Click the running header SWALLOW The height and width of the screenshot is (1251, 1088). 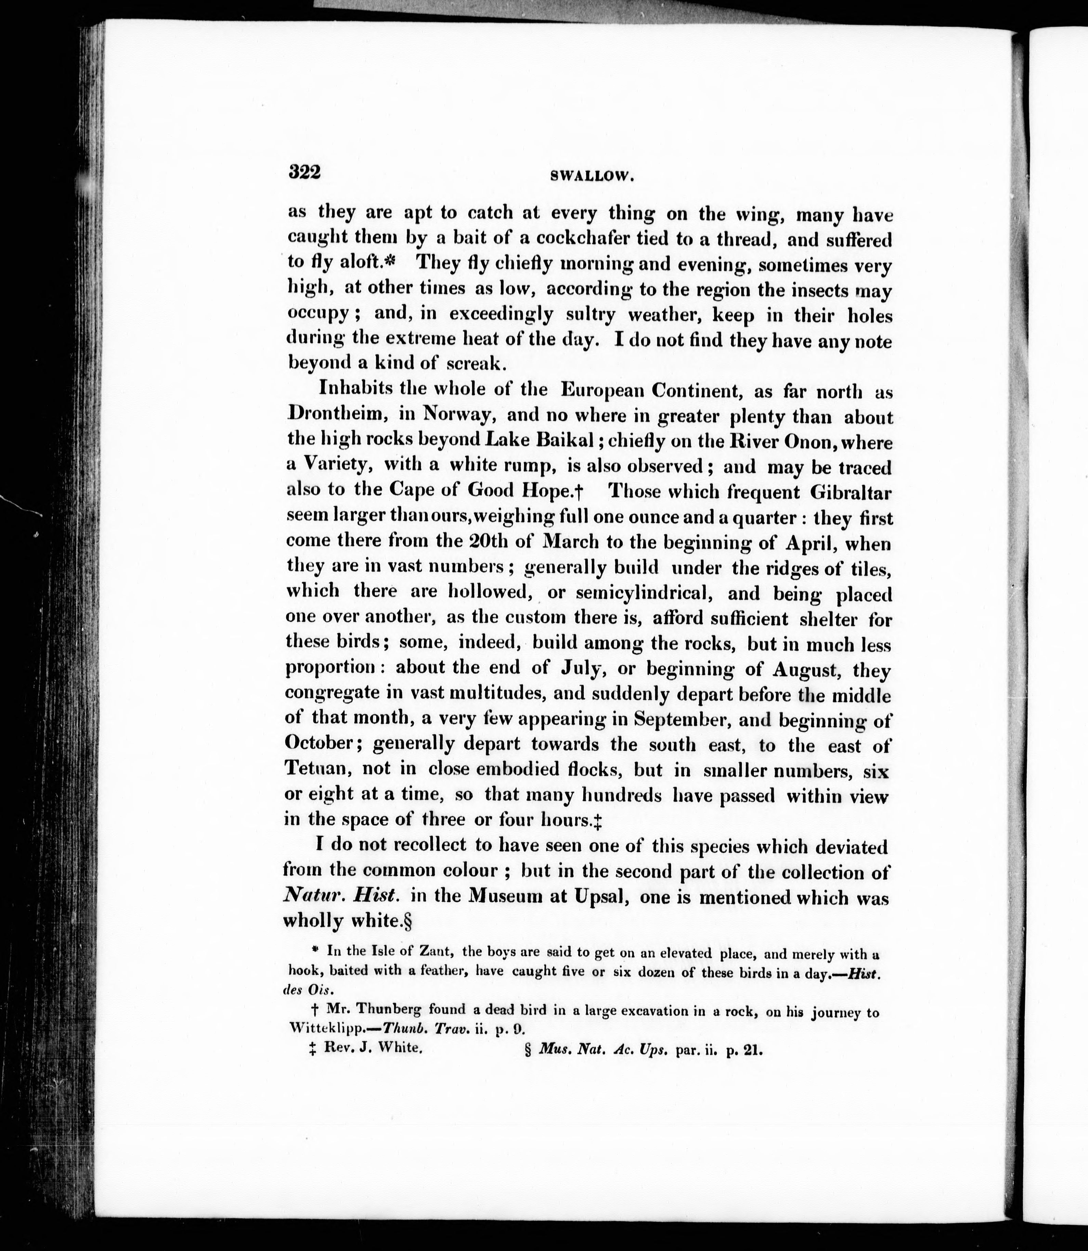tap(592, 176)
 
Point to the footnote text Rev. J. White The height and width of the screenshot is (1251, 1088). tap(373, 1048)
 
